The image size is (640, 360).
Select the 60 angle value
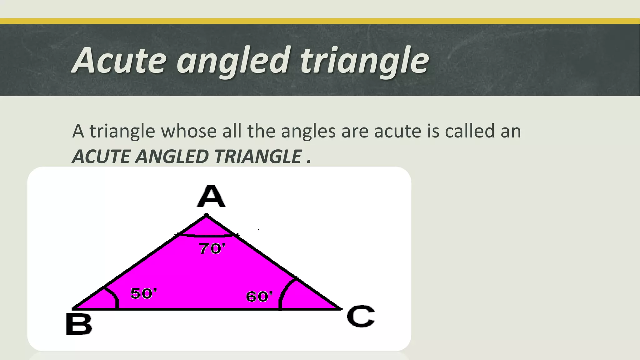click(x=259, y=296)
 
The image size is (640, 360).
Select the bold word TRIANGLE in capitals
click(x=258, y=156)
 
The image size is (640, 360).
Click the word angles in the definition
click(x=308, y=131)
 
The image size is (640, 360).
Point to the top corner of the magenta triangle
click(x=206, y=215)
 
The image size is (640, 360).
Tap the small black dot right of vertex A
click(x=258, y=229)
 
